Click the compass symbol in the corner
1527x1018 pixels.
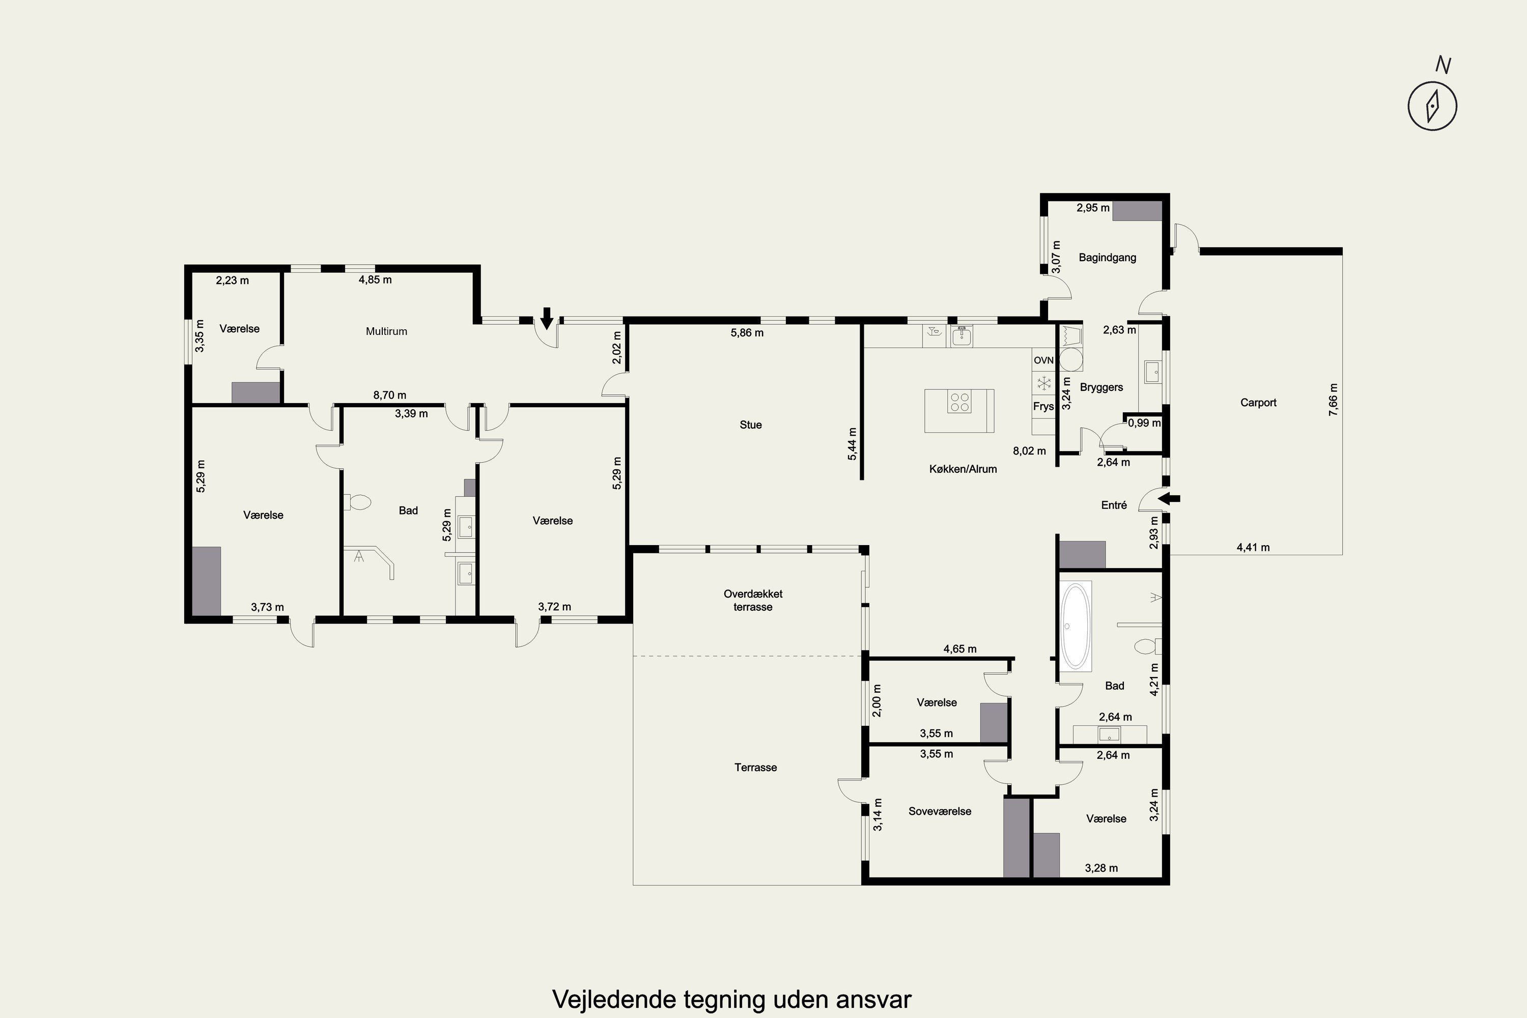click(x=1432, y=106)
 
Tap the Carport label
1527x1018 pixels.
click(x=1258, y=403)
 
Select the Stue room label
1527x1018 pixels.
click(x=750, y=425)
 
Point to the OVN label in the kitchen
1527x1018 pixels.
click(x=1044, y=360)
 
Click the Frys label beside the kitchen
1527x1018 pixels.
click(x=1043, y=406)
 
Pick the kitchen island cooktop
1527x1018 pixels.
click(x=959, y=403)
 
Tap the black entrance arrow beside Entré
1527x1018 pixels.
click(x=1169, y=499)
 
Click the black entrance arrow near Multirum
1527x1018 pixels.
click(x=547, y=318)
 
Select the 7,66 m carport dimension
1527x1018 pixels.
click(x=1334, y=400)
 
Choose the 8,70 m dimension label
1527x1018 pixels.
click(x=389, y=395)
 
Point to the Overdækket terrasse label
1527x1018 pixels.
click(x=753, y=601)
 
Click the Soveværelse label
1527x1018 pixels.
click(x=940, y=811)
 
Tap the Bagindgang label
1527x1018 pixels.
click(x=1108, y=258)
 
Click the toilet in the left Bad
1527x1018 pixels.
click(x=357, y=502)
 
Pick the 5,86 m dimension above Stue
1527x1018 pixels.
click(x=747, y=333)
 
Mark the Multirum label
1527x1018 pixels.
click(x=386, y=331)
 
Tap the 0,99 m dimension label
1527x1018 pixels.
click(x=1144, y=422)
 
